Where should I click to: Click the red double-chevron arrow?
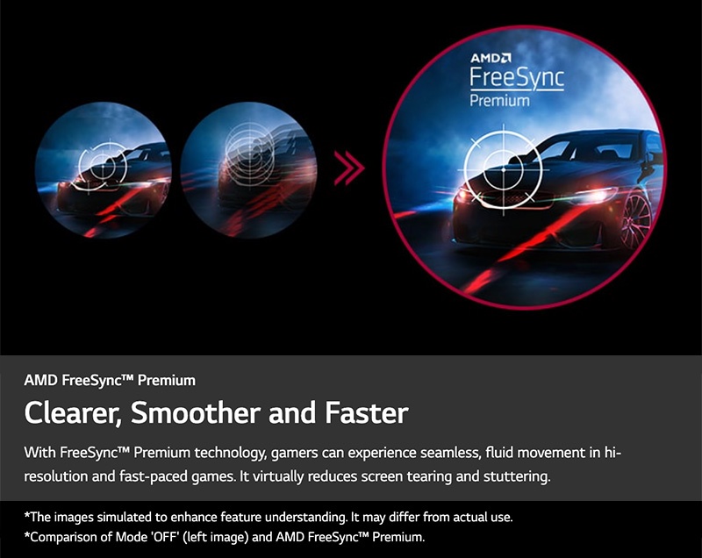coord(349,168)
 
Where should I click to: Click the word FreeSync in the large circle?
coord(517,78)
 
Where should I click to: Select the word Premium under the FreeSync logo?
coord(499,100)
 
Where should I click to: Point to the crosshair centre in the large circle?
coord(504,170)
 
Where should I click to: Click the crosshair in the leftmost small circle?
coord(103,166)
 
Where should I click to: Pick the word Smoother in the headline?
coord(195,412)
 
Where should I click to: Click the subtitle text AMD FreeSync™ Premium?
coord(110,381)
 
